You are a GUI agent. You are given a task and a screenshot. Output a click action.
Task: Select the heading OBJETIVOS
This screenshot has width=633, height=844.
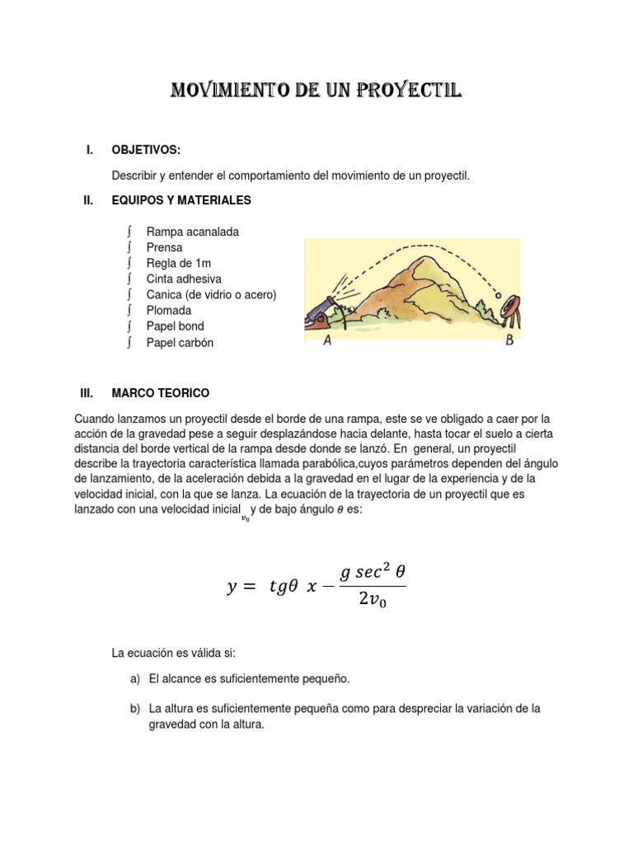pos(145,149)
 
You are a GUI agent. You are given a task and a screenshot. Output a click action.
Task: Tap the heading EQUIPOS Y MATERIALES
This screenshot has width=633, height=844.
pos(181,200)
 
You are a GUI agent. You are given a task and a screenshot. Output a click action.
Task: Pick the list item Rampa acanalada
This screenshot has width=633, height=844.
pos(192,232)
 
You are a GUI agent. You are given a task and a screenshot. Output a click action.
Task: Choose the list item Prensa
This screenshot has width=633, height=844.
pos(164,248)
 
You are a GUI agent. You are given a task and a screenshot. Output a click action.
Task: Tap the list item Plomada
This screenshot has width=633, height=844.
pos(168,311)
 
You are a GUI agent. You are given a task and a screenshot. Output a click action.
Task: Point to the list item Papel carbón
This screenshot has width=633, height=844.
pos(179,343)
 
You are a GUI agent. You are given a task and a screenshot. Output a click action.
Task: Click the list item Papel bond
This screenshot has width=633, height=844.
pos(175,326)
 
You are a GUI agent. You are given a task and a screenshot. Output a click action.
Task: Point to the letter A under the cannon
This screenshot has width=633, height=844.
pos(328,342)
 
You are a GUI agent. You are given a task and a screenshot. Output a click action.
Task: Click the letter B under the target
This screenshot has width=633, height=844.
pos(509,341)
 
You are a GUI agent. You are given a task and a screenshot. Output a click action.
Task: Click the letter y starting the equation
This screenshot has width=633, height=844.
pos(232,587)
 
